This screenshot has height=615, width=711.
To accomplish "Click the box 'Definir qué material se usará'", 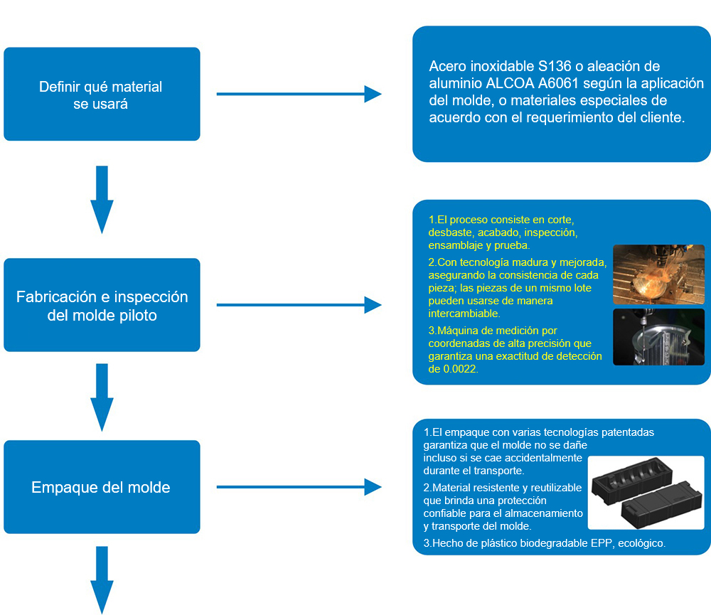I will [102, 94].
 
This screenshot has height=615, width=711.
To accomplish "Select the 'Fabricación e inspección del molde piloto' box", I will [102, 305].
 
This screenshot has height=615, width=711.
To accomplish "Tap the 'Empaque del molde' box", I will [102, 487].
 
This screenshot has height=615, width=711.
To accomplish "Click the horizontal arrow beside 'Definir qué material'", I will [299, 94].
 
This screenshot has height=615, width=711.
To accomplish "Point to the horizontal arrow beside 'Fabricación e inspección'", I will [299, 305].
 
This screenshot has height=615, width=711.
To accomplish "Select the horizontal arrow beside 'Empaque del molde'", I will [299, 487].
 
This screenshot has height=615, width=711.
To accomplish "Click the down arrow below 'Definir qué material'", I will [102, 199].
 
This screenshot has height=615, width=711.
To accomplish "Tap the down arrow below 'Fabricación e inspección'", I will [102, 397].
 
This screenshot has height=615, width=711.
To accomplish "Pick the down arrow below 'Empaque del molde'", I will [102, 579].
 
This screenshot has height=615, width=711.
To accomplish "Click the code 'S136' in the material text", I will [555, 66].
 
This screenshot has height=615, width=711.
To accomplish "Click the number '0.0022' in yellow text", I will [463, 369].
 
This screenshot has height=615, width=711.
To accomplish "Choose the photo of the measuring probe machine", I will [658, 337].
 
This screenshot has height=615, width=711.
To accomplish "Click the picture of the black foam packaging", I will [646, 493].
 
